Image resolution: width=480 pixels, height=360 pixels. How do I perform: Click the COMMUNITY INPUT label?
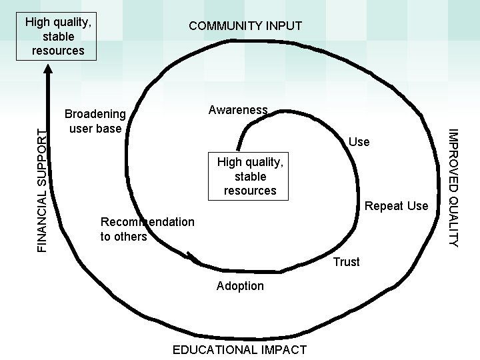(245, 26)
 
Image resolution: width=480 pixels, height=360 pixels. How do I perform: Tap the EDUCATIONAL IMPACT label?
(239, 349)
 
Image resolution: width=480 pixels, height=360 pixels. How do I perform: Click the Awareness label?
(238, 110)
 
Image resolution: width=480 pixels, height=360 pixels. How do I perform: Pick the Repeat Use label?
(396, 206)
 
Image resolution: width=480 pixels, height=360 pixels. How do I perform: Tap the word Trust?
(346, 262)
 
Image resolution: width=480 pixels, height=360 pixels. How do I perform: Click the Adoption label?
(240, 286)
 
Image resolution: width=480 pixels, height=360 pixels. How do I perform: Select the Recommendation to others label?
(147, 229)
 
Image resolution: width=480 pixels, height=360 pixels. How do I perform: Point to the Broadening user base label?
(95, 120)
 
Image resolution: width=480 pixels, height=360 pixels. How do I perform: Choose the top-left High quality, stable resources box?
(58, 36)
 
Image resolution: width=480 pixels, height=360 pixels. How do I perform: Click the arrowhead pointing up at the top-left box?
(49, 67)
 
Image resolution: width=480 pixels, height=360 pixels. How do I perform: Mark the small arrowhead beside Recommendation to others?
(193, 257)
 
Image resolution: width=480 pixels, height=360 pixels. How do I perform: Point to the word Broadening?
(95, 113)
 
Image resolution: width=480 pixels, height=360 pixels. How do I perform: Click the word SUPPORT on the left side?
(41, 157)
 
